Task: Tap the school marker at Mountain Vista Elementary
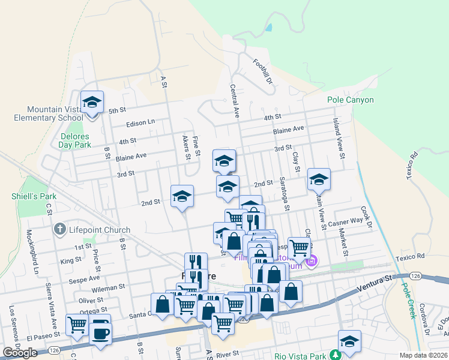pyautogui.click(x=92, y=103)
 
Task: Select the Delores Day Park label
pyautogui.click(x=75, y=140)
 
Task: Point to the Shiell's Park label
pyautogui.click(x=25, y=196)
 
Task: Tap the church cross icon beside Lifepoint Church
pyautogui.click(x=59, y=229)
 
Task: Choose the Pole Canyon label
pyautogui.click(x=351, y=100)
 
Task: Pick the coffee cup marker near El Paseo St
pyautogui.click(x=100, y=332)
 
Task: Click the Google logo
pyautogui.click(x=20, y=353)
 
